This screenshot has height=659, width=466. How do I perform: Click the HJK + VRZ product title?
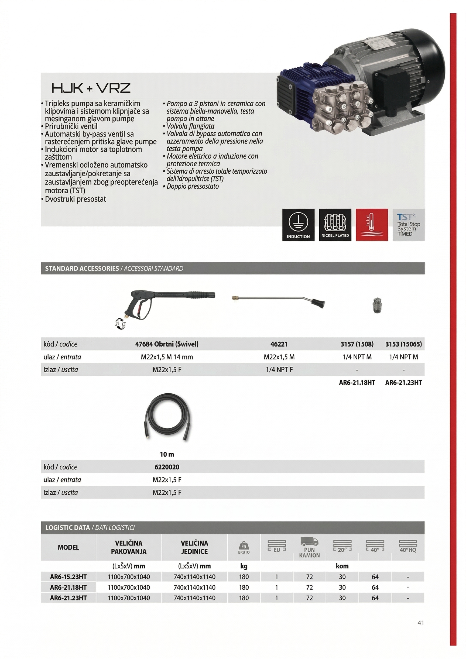pyautogui.click(x=91, y=88)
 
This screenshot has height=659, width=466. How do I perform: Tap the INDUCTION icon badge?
pyautogui.click(x=298, y=224)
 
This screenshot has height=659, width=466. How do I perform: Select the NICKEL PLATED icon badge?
pyautogui.click(x=335, y=224)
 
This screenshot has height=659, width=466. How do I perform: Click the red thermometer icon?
pyautogui.click(x=372, y=224)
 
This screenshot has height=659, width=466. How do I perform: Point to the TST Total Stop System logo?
pyautogui.click(x=408, y=224)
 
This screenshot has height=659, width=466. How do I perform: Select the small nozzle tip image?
pyautogui.click(x=377, y=305)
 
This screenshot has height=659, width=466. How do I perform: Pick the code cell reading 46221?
pyautogui.click(x=279, y=344)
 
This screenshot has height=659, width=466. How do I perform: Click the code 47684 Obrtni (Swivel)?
pyautogui.click(x=167, y=344)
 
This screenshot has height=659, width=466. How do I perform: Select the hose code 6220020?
pyautogui.click(x=167, y=467)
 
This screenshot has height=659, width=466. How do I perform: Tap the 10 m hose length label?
pyautogui.click(x=167, y=454)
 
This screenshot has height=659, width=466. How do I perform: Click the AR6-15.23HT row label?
pyautogui.click(x=68, y=576)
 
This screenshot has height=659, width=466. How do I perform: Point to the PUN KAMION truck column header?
pyautogui.click(x=309, y=548)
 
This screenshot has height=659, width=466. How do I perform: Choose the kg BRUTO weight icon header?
pyautogui.click(x=244, y=547)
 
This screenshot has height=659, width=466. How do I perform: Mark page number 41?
pyautogui.click(x=420, y=623)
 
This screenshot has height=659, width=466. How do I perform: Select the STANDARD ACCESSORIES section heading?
pyautogui.click(x=82, y=268)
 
